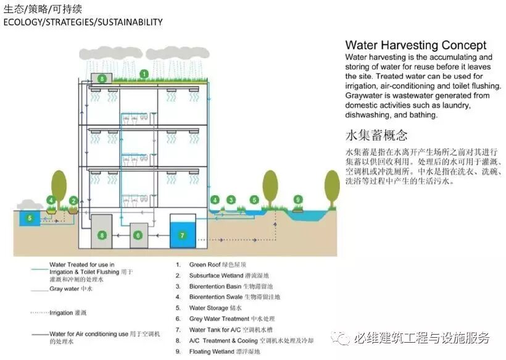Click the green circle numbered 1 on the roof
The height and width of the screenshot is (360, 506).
point(144,74)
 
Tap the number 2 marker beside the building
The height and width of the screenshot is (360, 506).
point(73,200)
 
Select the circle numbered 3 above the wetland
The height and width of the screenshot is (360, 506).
point(231,199)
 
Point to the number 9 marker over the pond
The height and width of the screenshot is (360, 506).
point(297,199)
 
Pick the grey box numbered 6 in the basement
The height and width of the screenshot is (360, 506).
point(138,235)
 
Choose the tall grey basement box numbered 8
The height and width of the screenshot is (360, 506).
point(102,235)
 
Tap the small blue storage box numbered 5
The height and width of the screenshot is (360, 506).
point(28,218)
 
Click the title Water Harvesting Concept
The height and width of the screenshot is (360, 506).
point(415,45)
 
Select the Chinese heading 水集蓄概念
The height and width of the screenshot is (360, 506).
point(376,136)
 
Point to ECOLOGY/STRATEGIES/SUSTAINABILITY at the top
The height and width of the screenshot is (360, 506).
point(83,22)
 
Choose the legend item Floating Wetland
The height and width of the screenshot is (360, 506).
point(225,351)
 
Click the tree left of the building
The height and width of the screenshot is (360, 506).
point(59,185)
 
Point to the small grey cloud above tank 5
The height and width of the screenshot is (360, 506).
point(29,204)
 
